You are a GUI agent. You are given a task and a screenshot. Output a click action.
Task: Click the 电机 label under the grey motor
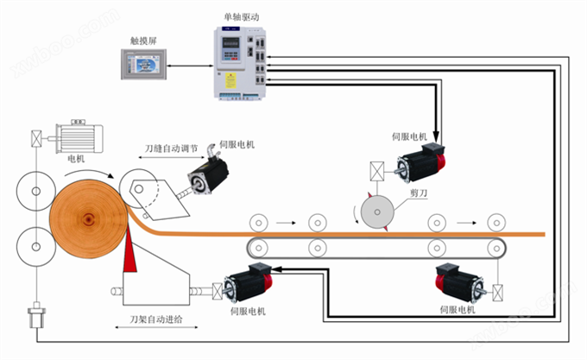77,159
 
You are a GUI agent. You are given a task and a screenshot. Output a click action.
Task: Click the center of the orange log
87,218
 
